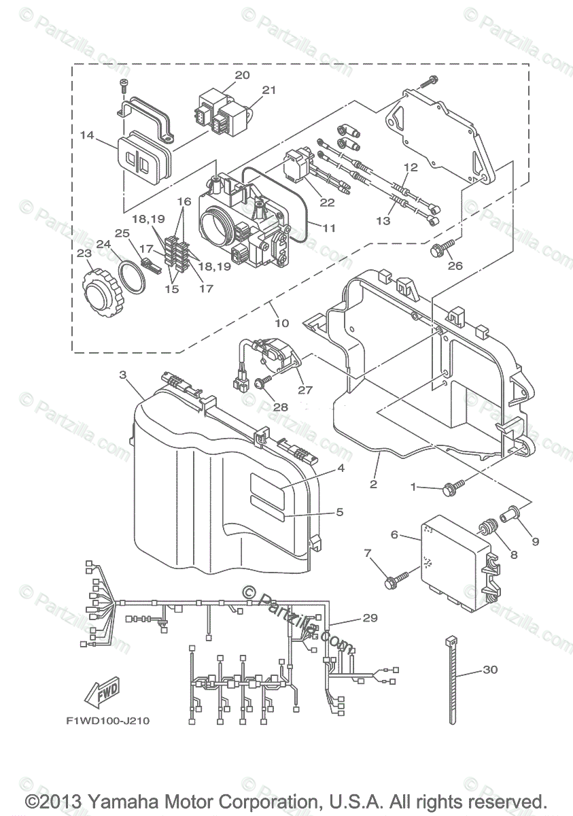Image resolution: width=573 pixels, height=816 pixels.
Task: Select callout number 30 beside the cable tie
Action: coord(490,669)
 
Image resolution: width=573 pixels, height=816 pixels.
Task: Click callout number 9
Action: coord(536,542)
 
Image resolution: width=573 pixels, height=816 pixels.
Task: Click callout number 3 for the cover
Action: coord(122,375)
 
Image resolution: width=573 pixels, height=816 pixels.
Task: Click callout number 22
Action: coord(327,203)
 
